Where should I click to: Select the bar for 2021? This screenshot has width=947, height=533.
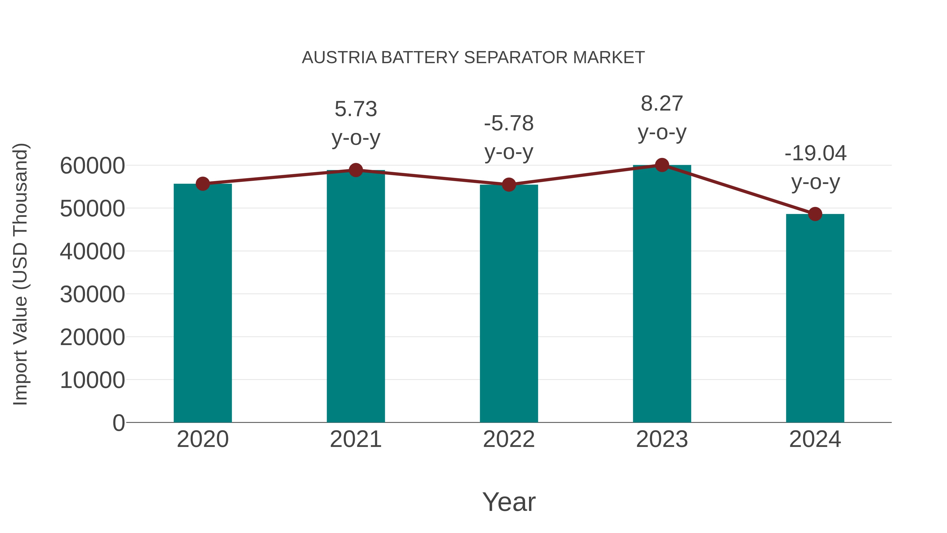[x=355, y=296]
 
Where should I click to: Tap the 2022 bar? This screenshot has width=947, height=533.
[x=509, y=303]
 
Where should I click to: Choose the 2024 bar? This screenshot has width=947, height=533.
[x=815, y=318]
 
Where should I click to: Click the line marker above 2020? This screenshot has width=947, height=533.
[x=203, y=183]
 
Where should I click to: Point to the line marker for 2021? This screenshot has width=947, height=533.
[x=355, y=170]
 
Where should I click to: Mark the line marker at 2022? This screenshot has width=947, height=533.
[x=509, y=185]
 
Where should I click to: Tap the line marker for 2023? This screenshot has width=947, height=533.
[x=662, y=165]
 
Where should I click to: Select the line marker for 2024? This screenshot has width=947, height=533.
[x=815, y=214]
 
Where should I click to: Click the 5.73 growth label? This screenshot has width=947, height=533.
[x=355, y=109]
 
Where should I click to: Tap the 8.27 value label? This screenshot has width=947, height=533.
[x=662, y=104]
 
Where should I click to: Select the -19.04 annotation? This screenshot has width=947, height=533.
[x=815, y=153]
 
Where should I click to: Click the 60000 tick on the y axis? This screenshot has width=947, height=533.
[x=92, y=166]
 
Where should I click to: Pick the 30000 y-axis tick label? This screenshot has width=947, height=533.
[x=92, y=295]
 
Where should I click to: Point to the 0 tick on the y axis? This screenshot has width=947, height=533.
[x=119, y=423]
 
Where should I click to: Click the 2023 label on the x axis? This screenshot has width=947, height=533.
[x=662, y=439]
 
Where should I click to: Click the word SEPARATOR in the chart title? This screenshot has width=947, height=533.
[x=516, y=58]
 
